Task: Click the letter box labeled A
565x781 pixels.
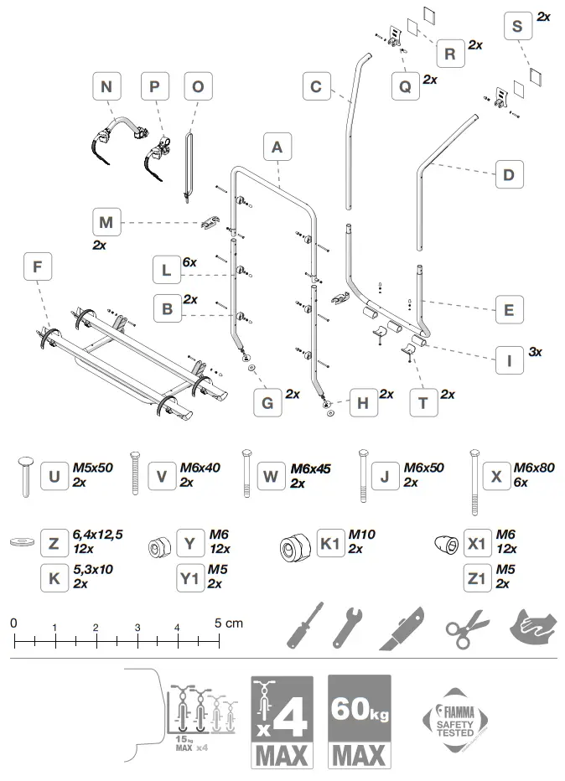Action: tap(277, 147)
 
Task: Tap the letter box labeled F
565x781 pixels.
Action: tap(37, 267)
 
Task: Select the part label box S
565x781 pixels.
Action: tap(517, 27)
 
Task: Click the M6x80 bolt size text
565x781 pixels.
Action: tap(534, 468)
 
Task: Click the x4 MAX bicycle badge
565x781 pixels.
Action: tap(282, 722)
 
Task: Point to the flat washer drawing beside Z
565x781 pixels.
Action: tap(21, 543)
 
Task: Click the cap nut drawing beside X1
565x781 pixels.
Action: tap(446, 545)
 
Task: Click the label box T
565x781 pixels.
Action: tap(423, 403)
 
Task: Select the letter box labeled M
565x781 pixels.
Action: tap(106, 223)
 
